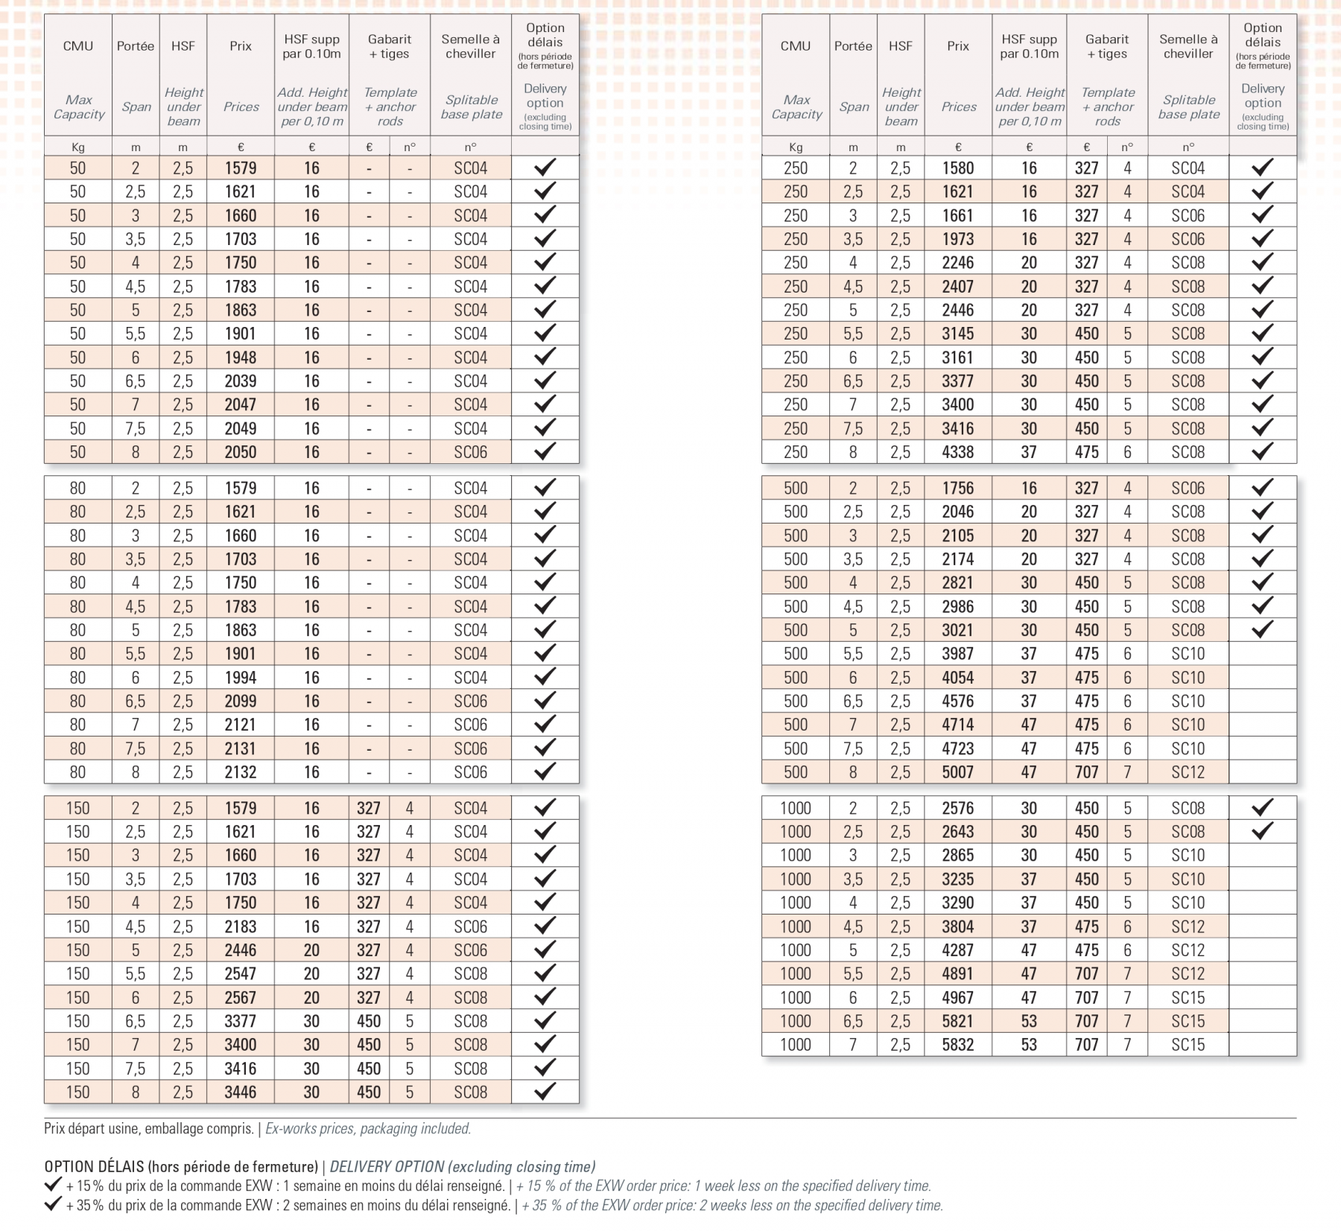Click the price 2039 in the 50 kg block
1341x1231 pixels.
click(x=241, y=381)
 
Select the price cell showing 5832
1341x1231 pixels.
click(x=957, y=1045)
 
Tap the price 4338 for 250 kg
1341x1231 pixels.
click(x=957, y=452)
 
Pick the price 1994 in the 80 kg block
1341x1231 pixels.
click(x=241, y=678)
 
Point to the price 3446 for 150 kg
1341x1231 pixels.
click(x=241, y=1092)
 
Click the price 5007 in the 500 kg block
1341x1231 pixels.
click(x=957, y=772)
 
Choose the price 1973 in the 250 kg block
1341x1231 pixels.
click(x=957, y=239)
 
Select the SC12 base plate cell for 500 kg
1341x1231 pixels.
click(x=1188, y=772)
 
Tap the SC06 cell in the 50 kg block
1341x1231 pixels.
click(x=470, y=452)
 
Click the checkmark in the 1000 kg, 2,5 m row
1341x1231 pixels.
click(x=1262, y=831)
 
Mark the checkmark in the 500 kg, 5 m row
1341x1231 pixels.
click(x=1262, y=630)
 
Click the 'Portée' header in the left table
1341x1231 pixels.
click(x=136, y=46)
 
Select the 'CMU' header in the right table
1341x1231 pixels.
click(x=795, y=46)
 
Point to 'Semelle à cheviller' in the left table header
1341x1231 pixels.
click(x=470, y=46)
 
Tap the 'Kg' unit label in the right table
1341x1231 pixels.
click(x=795, y=147)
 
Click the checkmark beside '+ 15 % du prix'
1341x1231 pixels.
click(x=53, y=1184)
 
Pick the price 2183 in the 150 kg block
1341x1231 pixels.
click(x=241, y=926)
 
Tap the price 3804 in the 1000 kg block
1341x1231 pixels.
click(x=957, y=926)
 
